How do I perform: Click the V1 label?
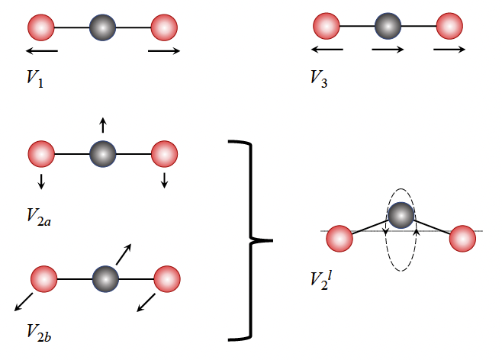(34, 79)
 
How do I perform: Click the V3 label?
(319, 78)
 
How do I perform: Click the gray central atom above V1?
(102, 28)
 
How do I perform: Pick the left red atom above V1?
(41, 28)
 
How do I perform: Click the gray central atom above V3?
(388, 27)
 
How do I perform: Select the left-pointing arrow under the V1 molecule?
(41, 51)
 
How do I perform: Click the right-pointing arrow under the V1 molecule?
(165, 51)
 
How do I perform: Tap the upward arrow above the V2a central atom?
(103, 127)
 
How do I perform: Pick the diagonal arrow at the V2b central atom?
(124, 255)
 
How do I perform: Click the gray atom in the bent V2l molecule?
(401, 215)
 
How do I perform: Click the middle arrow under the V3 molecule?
(388, 50)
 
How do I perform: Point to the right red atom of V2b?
(166, 278)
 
